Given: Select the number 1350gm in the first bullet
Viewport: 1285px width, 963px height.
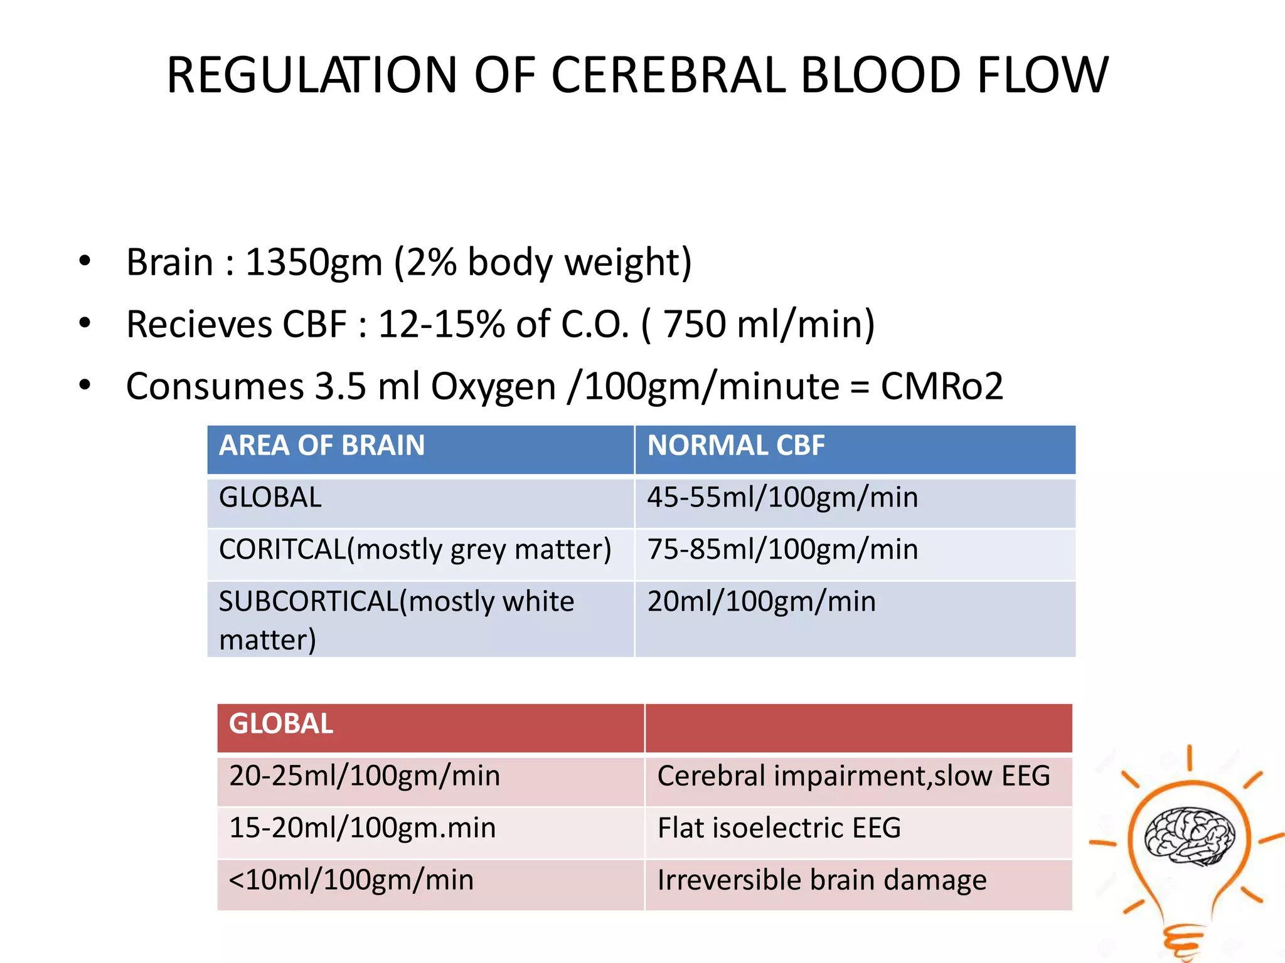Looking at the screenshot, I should click(x=313, y=262).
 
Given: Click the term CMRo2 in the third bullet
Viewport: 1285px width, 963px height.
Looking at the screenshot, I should click(x=941, y=386).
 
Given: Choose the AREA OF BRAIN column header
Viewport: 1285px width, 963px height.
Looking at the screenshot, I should click(x=322, y=446).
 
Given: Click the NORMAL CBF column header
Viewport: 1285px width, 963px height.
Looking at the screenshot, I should click(x=735, y=446).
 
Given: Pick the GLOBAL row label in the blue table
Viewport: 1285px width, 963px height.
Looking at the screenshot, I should click(x=270, y=498).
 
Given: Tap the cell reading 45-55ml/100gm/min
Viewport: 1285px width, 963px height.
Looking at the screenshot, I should click(x=782, y=498).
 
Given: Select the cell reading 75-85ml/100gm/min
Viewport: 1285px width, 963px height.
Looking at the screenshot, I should click(x=782, y=550).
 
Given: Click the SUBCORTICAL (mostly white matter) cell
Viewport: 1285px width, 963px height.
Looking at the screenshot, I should click(x=396, y=619).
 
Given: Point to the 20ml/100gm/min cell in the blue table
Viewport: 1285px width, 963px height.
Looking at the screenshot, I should click(x=761, y=602).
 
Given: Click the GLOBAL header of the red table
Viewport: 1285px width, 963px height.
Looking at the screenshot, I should click(x=280, y=724).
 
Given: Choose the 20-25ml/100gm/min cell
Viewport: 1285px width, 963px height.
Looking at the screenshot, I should click(x=365, y=776).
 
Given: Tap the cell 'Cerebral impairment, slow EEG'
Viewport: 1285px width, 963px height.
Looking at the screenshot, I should click(x=853, y=776).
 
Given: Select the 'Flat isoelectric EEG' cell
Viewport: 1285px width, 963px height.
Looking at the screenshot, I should click(x=779, y=828).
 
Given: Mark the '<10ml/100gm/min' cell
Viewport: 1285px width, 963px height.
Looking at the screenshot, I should click(x=351, y=880).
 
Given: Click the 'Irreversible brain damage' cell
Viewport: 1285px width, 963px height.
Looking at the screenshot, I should click(x=822, y=880).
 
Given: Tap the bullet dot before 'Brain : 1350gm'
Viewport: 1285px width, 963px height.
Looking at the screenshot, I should click(x=85, y=261).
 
